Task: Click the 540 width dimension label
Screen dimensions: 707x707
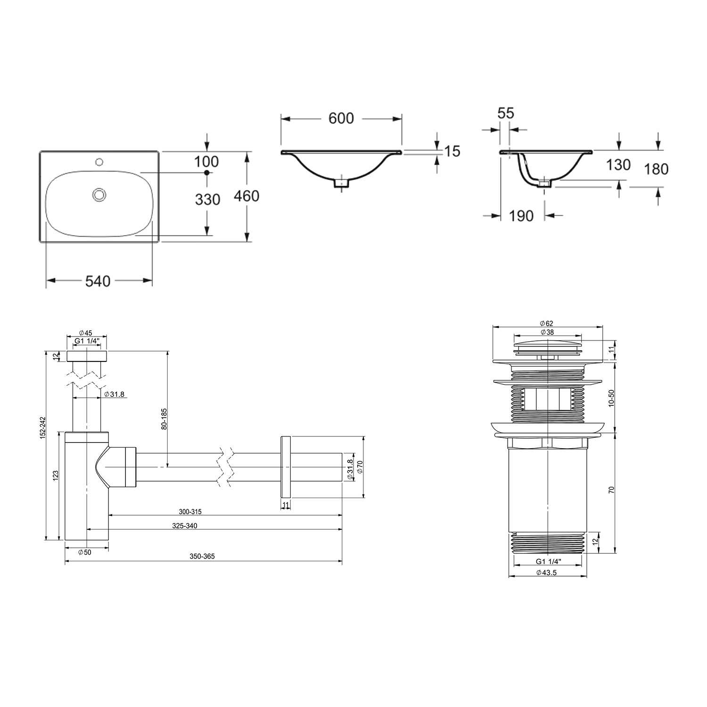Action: (x=98, y=281)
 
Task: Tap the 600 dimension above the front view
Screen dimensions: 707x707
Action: (x=341, y=118)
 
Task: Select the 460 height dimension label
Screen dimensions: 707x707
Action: (x=247, y=196)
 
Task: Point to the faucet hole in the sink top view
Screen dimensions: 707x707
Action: (x=99, y=163)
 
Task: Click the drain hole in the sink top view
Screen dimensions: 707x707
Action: (x=99, y=194)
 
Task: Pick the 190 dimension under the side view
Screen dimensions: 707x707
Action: (x=521, y=216)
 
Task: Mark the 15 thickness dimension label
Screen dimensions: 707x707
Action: (x=452, y=151)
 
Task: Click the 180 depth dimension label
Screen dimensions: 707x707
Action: (x=656, y=169)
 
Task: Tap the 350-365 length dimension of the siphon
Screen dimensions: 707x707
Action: (x=202, y=556)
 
